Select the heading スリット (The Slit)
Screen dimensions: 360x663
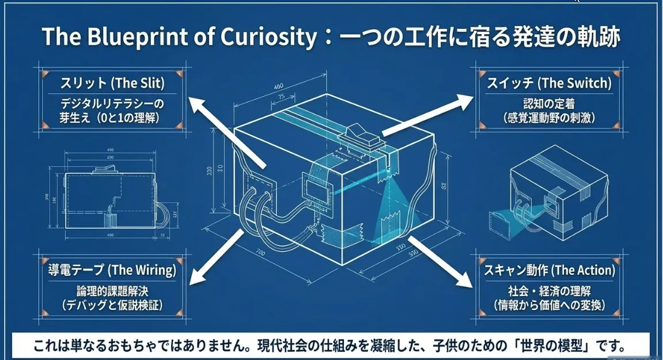[112, 84]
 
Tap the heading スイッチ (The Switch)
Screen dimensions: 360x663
[548, 84]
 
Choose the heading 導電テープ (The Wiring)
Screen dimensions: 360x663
[112, 269]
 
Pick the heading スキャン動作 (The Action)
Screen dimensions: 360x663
[548, 269]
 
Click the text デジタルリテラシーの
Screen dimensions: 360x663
[112, 104]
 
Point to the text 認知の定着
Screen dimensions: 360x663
[548, 104]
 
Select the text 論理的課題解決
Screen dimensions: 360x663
[112, 290]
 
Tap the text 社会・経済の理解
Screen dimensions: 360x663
[548, 290]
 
